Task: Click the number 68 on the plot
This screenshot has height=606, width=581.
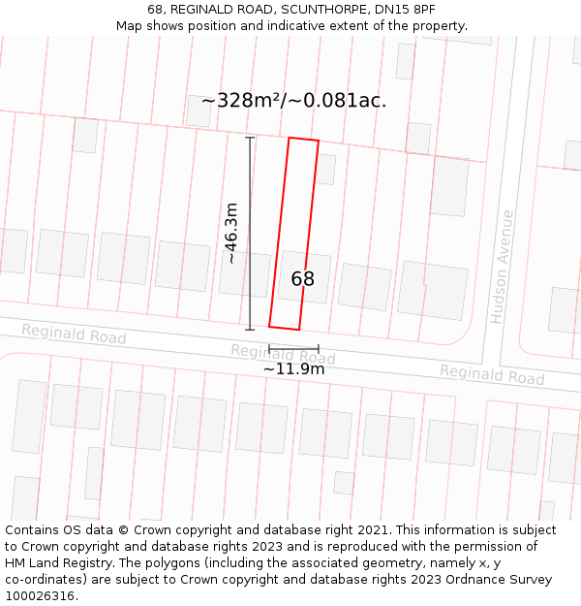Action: coord(302,279)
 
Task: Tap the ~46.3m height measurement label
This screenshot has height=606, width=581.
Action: coord(231,233)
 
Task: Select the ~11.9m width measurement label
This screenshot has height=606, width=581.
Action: coord(293,368)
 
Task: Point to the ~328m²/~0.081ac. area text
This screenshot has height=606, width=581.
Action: coord(293,101)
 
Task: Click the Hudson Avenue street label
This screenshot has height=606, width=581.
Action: coord(501,266)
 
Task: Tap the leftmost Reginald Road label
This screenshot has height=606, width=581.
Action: coord(74,335)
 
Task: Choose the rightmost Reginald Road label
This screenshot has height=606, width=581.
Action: coord(492,374)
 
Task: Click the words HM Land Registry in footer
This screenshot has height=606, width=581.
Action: coord(53,563)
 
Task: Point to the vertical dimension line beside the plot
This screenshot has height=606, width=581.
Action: coord(250,233)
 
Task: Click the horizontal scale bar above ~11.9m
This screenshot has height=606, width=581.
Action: coord(293,348)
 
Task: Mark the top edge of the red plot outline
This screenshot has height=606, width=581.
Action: coord(303,140)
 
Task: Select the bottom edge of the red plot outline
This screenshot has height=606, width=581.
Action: coord(284,328)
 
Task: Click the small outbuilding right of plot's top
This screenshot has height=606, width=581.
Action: coord(325,169)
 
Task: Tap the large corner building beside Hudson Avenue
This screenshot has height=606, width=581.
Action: coord(433,289)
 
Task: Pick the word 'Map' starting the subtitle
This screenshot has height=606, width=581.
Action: coord(129,26)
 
